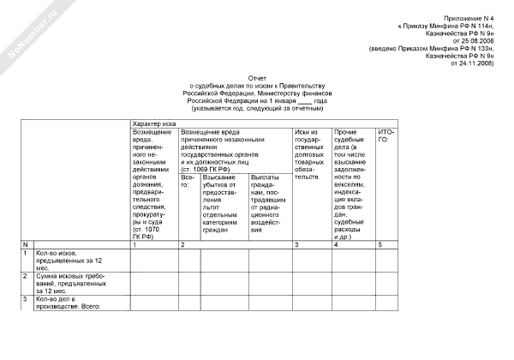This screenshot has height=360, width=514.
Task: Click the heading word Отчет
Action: pyautogui.click(x=257, y=76)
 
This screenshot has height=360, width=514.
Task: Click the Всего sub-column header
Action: pyautogui.click(x=188, y=179)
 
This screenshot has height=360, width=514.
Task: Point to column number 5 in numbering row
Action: pyautogui.click(x=379, y=245)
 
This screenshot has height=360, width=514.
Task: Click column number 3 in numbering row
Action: pyautogui.click(x=296, y=245)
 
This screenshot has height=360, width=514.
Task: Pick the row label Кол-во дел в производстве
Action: pyautogui.click(x=69, y=302)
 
